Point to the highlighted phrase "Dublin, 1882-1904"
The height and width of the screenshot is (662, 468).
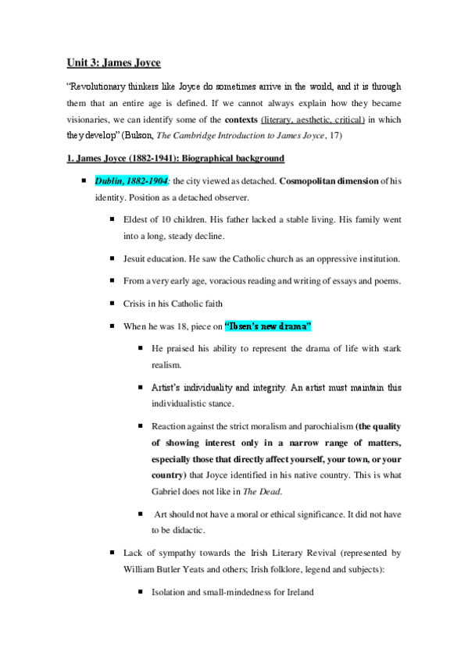click(131, 180)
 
